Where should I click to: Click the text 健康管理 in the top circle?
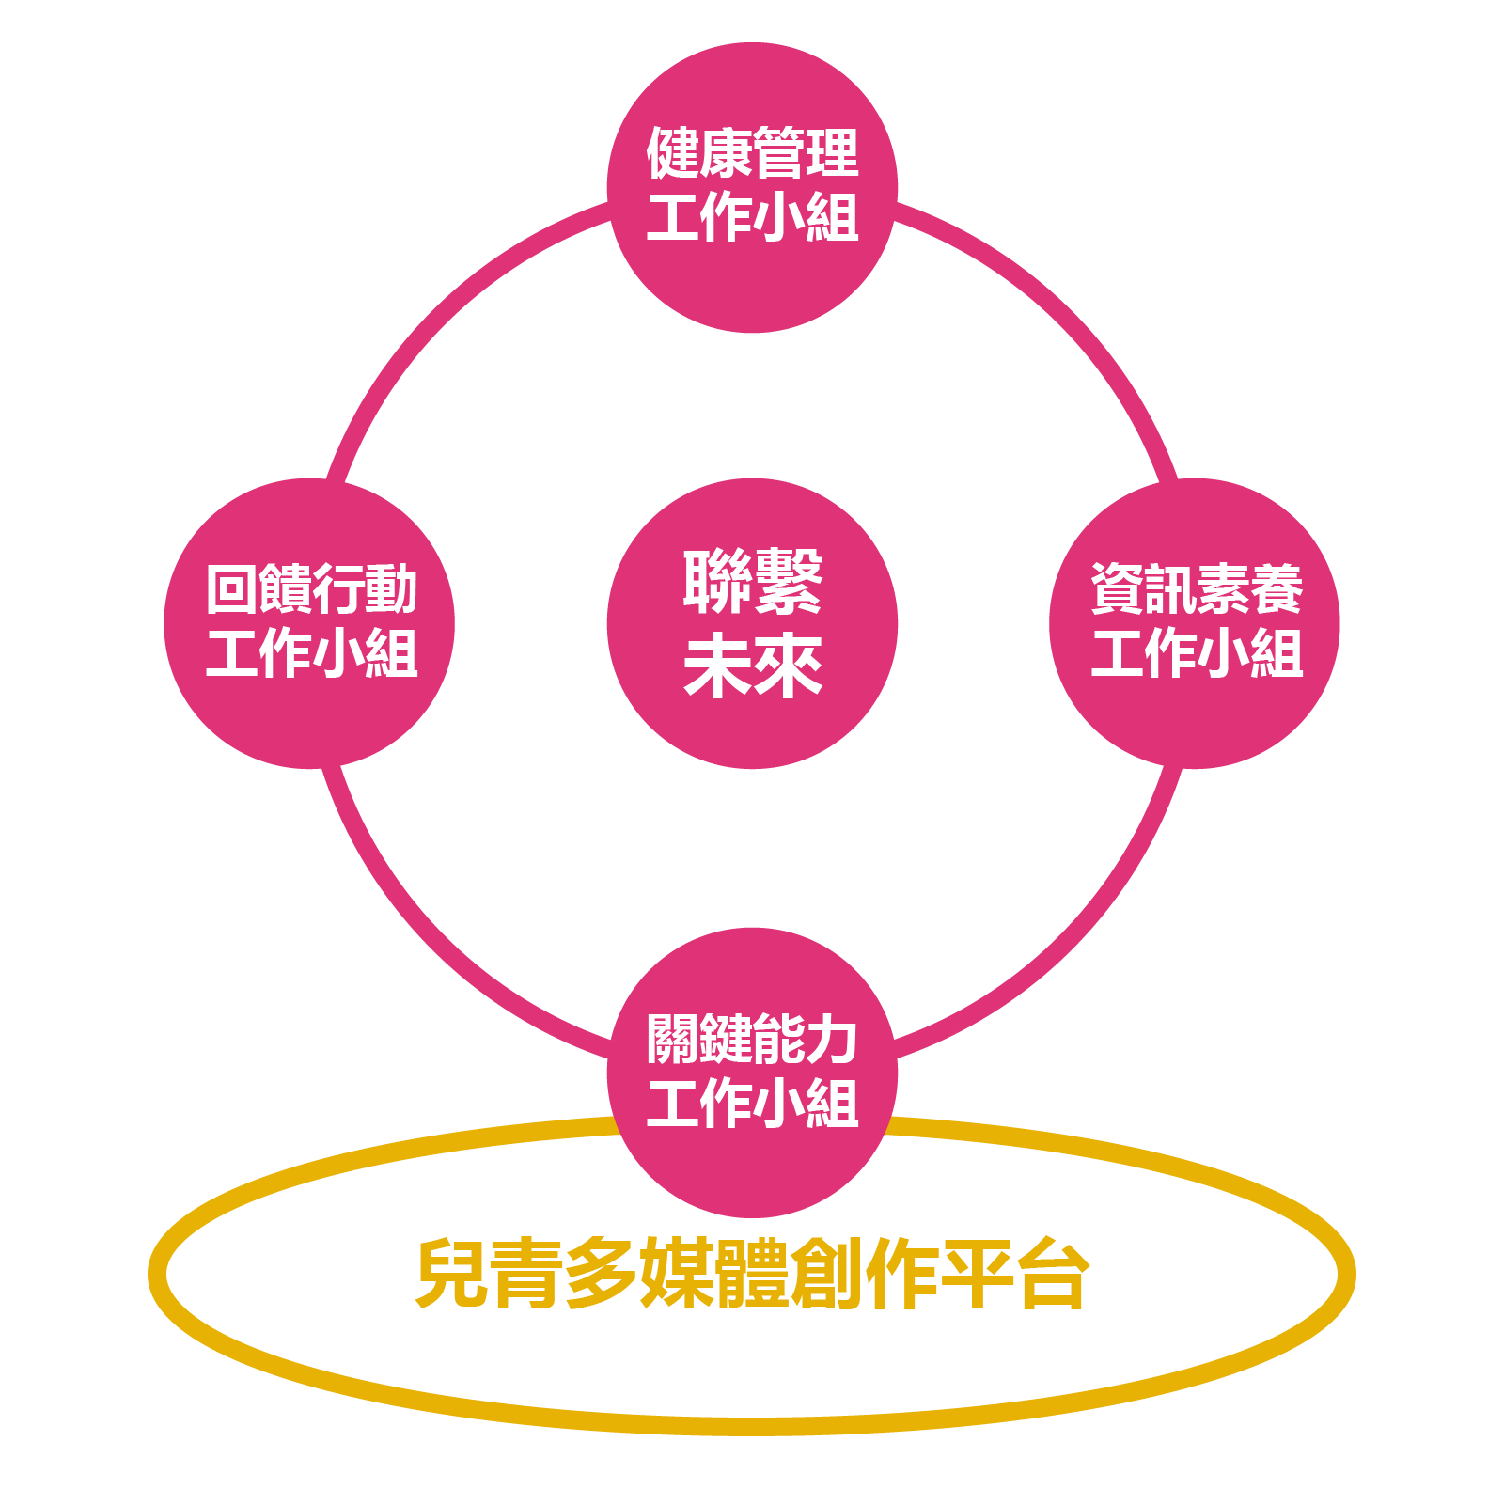click(x=752, y=153)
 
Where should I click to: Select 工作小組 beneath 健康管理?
click(x=752, y=217)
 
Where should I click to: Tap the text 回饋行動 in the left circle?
click(x=311, y=589)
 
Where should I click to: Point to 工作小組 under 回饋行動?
click(x=311, y=653)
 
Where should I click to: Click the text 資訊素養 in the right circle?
click(x=1196, y=589)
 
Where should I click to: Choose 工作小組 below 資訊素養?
click(x=1196, y=653)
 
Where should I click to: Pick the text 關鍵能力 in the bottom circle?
click(x=752, y=1039)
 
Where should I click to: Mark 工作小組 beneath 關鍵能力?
click(x=752, y=1103)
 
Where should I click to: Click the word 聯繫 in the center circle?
click(x=753, y=581)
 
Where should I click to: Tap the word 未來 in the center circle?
click(x=753, y=666)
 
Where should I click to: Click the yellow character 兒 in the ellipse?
click(x=450, y=1274)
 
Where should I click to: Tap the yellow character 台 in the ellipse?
click(x=1054, y=1274)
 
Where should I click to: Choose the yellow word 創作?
click(x=865, y=1274)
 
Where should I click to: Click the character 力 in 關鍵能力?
click(x=832, y=1039)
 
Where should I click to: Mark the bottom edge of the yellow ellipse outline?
click(x=752, y=1426)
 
